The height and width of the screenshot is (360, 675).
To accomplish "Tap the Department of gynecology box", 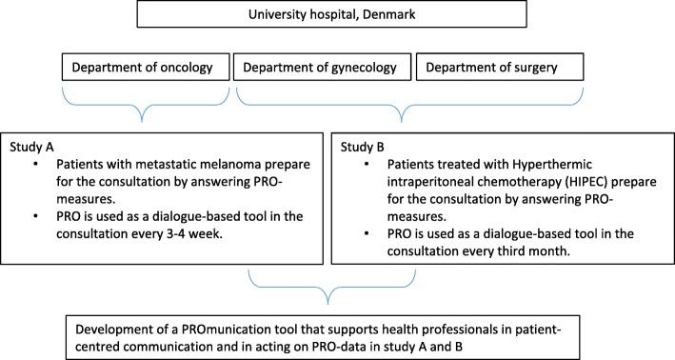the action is coord(323,68).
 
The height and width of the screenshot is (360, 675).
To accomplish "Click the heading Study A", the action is coord(30,147).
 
